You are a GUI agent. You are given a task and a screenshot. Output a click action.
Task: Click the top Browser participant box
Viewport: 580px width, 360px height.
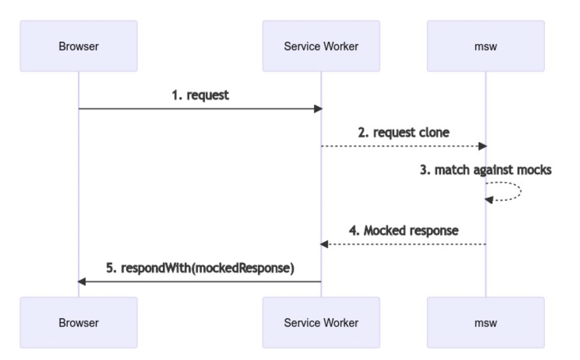tap(79, 46)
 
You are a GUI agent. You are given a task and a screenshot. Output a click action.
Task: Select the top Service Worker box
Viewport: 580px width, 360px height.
tap(321, 46)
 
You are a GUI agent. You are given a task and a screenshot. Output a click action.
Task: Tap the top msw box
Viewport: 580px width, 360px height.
tap(486, 46)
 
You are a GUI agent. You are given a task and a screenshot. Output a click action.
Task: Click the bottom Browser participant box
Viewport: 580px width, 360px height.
tap(79, 322)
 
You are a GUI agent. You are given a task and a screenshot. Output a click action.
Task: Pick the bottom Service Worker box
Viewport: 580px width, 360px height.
tap(321, 322)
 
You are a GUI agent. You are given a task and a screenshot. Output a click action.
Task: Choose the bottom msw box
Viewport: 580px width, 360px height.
tap(486, 322)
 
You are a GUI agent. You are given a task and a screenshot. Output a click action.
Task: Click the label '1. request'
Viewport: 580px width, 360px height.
tap(200, 96)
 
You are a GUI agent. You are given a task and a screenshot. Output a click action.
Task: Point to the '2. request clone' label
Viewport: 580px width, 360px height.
tap(403, 133)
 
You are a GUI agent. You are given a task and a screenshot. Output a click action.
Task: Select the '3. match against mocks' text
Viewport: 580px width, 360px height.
tap(486, 170)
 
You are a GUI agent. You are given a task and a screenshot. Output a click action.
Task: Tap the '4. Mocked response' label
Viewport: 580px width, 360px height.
tap(403, 231)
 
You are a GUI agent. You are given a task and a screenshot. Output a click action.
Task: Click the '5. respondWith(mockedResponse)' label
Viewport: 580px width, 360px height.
tap(200, 269)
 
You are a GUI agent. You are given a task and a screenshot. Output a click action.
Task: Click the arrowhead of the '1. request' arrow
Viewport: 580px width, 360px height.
tap(318, 109)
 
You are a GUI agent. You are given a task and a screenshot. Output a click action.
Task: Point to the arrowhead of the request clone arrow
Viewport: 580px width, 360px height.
tap(483, 146)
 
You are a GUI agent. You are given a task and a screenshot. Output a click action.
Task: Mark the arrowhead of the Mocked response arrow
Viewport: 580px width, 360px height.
tap(324, 244)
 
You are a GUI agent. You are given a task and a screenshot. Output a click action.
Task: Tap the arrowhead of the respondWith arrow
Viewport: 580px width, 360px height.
tap(82, 281)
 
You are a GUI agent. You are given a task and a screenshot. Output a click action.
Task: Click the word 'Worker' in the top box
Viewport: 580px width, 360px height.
tap(344, 46)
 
